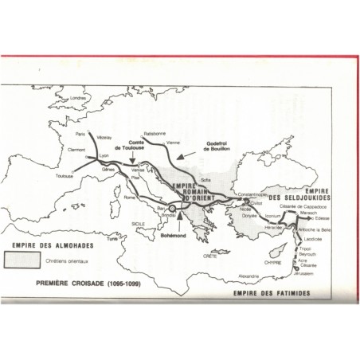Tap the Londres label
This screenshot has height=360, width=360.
(77, 98)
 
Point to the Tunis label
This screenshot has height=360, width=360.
(112, 239)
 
